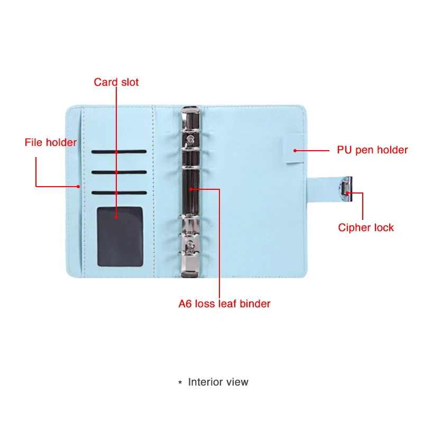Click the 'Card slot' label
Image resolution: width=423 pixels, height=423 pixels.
coord(116,82)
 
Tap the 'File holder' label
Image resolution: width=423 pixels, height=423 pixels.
coord(51,143)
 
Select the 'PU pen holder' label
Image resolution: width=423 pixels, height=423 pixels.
coord(372,150)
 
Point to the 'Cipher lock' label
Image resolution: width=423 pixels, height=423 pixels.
coord(366,228)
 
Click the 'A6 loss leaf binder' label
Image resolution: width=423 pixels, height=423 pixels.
coord(224,304)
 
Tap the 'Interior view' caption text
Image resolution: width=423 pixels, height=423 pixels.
coord(218,382)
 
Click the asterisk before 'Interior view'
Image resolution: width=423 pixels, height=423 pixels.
coord(180,382)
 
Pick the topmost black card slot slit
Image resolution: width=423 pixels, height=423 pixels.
coord(118,152)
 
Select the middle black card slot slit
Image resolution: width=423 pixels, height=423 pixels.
coord(118,172)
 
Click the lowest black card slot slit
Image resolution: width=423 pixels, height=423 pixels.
coord(118,192)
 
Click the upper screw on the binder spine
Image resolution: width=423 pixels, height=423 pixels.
coord(190,139)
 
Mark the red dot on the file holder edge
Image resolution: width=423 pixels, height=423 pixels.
coord(78,186)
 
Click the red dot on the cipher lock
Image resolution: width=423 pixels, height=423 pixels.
coord(347,193)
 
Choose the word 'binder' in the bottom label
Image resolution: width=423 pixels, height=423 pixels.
coord(255,304)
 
